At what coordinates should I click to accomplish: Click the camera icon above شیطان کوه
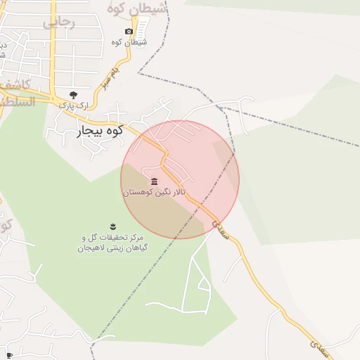click(129, 32)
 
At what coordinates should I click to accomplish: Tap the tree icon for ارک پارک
click(73, 95)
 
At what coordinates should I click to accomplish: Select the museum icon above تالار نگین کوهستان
click(155, 181)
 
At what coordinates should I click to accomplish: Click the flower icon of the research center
click(112, 226)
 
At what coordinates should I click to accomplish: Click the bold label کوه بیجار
click(98, 130)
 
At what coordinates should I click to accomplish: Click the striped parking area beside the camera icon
click(142, 29)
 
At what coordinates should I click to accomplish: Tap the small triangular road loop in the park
click(203, 285)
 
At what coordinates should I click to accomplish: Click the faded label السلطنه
click(15, 103)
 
